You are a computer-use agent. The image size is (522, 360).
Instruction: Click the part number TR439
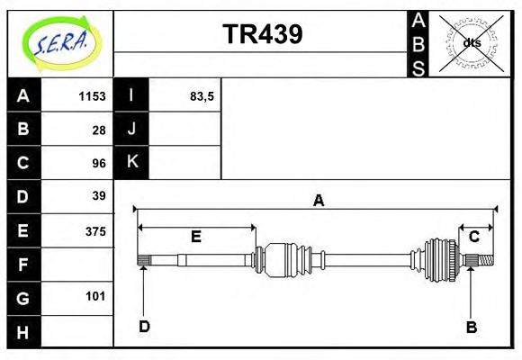coord(262,34)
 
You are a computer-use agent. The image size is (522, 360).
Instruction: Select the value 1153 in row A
coord(92,96)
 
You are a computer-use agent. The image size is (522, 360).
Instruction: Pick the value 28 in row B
coord(98,130)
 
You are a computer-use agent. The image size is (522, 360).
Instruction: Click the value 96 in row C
coord(98,163)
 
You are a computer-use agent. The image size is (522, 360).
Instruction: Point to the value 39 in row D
coord(98,196)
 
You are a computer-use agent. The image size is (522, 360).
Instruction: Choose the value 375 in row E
coord(94,230)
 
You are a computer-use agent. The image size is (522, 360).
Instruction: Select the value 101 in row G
coord(94,296)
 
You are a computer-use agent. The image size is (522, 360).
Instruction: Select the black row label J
coord(131,130)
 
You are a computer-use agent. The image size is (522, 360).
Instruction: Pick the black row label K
coord(131,163)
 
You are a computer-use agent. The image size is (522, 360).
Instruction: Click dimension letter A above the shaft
coord(318,201)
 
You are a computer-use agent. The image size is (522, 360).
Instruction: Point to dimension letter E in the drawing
coord(195,237)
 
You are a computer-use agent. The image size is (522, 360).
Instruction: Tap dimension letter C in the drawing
coord(473,237)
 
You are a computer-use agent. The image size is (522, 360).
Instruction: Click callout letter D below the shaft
coord(144,327)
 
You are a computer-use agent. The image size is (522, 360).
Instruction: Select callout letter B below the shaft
coord(471,327)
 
